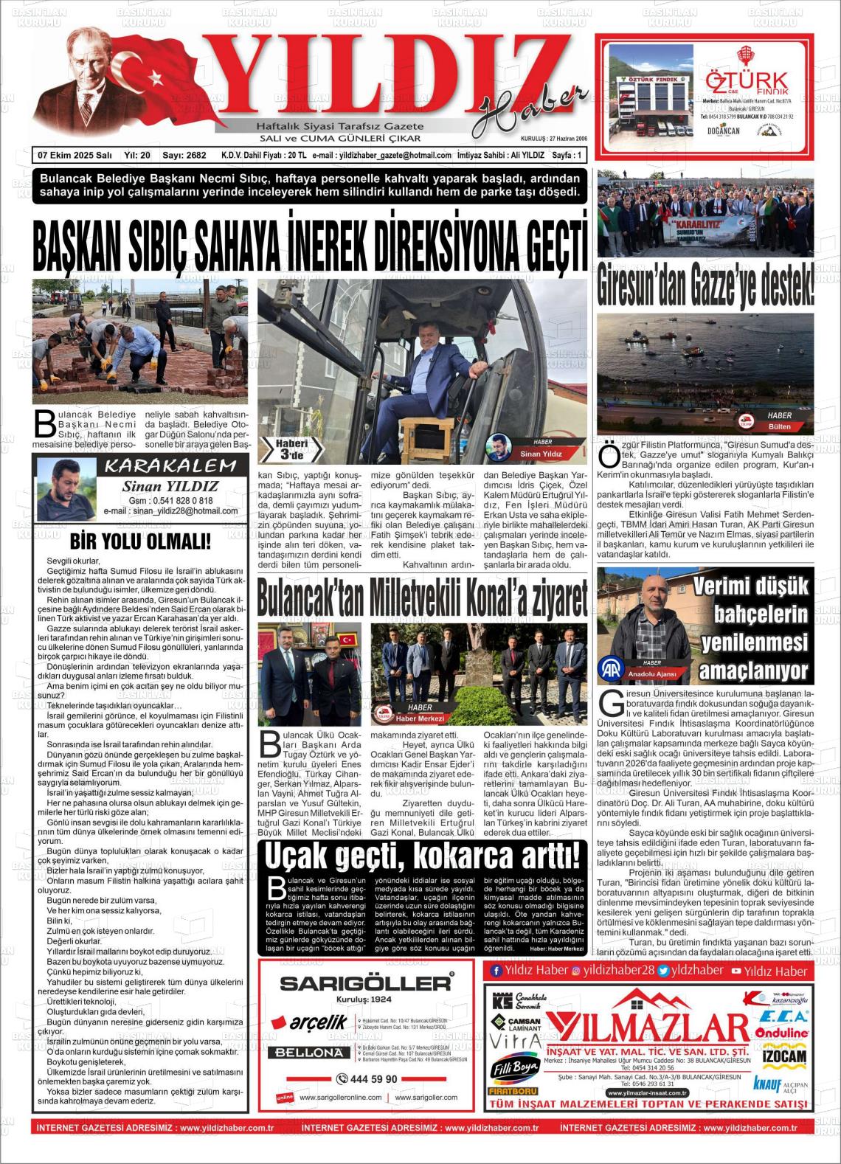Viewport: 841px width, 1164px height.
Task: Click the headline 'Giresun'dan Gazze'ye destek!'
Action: coord(705,283)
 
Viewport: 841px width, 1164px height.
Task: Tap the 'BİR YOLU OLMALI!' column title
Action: coord(140,541)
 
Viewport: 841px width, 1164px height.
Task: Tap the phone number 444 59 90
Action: coord(367,1079)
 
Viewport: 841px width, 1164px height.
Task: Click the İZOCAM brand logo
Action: coord(783,1057)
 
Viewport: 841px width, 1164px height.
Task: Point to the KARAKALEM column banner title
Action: coord(170,465)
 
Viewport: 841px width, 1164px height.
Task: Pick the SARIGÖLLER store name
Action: coord(367,983)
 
